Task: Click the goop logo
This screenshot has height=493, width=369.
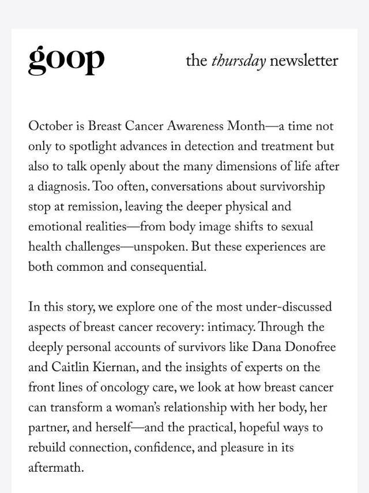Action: [66, 60]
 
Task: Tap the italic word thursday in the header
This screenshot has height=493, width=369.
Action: [239, 61]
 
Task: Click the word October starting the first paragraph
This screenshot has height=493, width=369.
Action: [50, 126]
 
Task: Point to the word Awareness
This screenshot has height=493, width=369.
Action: [195, 126]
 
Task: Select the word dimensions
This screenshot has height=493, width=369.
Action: [246, 167]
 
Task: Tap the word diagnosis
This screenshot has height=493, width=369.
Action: [63, 187]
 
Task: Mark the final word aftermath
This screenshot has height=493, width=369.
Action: [56, 468]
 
